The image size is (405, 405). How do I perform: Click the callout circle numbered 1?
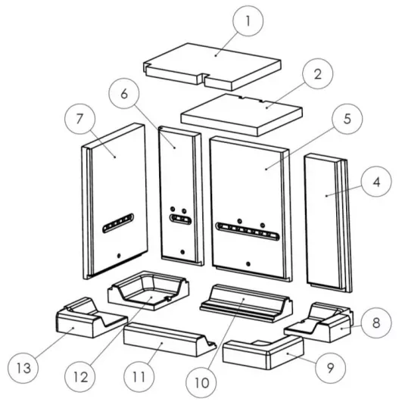click(x=248, y=21)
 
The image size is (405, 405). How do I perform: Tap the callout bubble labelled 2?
click(x=318, y=74)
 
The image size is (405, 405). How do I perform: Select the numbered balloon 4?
click(x=376, y=182)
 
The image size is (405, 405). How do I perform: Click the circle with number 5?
click(x=347, y=119)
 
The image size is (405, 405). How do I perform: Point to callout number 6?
click(x=124, y=94)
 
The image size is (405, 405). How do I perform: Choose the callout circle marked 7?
click(x=80, y=119)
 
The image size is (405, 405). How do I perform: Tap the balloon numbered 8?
click(x=376, y=322)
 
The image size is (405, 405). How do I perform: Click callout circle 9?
click(x=330, y=368)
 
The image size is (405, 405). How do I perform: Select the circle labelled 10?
click(x=201, y=382)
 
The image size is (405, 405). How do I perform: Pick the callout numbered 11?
click(x=139, y=377)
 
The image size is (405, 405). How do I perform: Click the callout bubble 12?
click(x=80, y=377)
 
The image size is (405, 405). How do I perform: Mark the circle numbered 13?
click(x=23, y=368)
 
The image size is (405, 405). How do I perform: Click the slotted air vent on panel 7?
click(x=118, y=223)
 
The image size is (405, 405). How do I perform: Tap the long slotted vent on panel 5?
click(x=248, y=231)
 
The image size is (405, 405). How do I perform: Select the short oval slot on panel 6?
click(x=180, y=220)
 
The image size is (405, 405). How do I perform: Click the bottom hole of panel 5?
click(x=248, y=264)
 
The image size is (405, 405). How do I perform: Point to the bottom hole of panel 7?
click(x=119, y=256)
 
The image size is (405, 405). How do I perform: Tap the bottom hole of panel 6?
click(x=182, y=252)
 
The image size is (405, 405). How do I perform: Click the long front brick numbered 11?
click(x=170, y=339)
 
